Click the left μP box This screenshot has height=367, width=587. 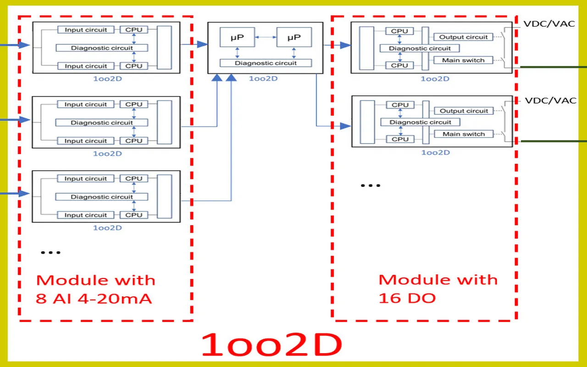tap(237, 37)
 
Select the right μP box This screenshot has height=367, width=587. tap(294, 37)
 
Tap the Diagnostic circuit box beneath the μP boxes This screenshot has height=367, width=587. tap(266, 63)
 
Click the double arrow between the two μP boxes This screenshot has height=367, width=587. tap(266, 37)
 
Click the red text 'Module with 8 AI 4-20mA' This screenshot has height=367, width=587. tap(95, 289)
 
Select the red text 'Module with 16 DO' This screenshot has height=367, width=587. tap(437, 289)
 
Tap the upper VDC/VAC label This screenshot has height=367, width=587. tap(549, 23)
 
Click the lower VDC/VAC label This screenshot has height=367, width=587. tap(550, 100)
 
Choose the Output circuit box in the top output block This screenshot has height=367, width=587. tap(464, 37)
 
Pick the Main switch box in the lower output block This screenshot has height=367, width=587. tap(464, 134)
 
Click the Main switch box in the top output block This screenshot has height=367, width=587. tap(463, 60)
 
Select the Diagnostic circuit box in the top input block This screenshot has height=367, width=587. tap(102, 48)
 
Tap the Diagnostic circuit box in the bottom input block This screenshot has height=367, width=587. tap(102, 197)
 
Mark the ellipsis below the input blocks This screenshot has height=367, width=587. tap(50, 252)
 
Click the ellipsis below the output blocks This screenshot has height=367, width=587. tap(370, 186)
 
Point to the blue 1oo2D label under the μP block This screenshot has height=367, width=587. tap(263, 78)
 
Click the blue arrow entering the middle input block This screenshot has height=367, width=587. tap(16, 120)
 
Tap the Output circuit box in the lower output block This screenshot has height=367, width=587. tap(464, 111)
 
